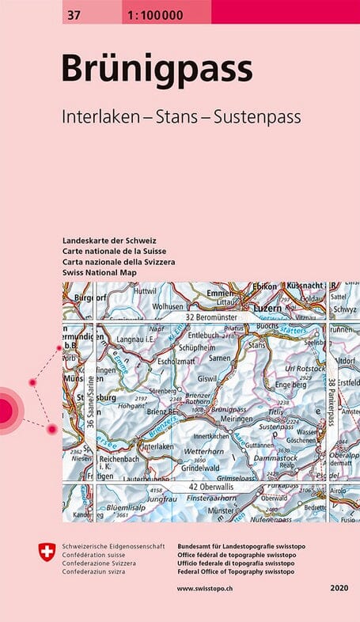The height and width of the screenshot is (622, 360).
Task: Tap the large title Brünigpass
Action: (157, 70)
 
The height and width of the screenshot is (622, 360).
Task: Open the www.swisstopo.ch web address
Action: (207, 589)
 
